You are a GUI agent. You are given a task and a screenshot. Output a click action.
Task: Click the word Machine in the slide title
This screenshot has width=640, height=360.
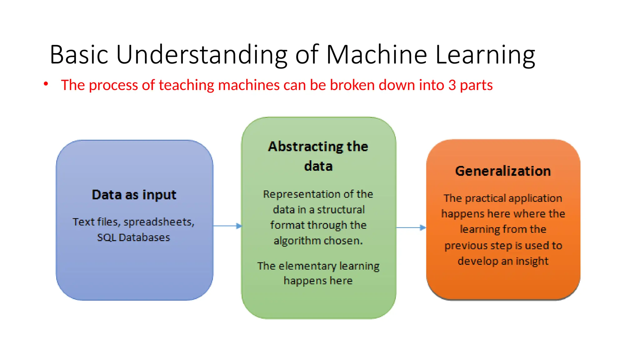pos(376,55)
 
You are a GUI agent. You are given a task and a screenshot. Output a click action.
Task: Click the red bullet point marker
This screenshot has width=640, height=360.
pos(46,84)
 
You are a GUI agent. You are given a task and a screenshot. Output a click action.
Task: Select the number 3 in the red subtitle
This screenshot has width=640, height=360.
pos(452,85)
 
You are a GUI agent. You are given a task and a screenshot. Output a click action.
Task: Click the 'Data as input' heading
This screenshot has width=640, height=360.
pos(134,195)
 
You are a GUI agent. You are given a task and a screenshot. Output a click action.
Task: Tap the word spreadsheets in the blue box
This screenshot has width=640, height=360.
pos(159,222)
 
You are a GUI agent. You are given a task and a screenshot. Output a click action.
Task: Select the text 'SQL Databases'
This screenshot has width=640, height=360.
pos(133,237)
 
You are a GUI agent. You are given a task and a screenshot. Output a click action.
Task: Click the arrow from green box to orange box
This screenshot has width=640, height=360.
pos(411,227)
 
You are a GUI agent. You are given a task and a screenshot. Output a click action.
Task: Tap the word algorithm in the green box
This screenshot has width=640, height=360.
pos(297,241)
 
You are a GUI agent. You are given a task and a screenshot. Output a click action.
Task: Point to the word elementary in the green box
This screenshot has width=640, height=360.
pos(307,266)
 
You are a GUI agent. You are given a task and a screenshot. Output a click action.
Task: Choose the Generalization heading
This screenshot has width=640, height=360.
pos(503,171)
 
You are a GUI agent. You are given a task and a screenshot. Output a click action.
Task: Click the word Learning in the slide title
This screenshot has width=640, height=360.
pos(485,55)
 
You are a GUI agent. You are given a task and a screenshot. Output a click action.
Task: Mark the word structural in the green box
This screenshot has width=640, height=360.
pos(341,210)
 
